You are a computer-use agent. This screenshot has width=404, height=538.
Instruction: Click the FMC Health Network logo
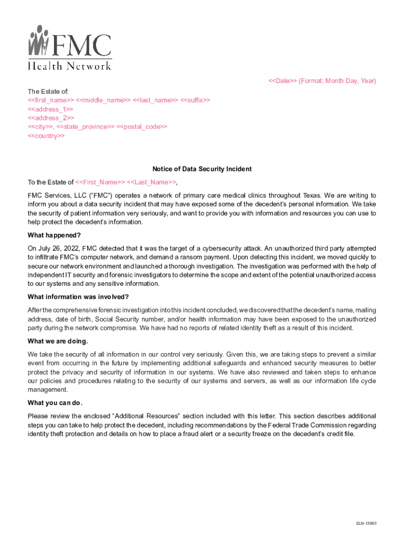pos(69,47)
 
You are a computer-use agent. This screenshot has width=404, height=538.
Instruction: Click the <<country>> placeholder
pos(46,136)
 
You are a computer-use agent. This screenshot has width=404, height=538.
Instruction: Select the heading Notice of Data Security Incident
pos(202,169)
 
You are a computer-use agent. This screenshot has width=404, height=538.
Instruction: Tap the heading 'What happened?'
pos(54,235)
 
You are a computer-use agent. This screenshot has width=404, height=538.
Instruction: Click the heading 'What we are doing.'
pos(58,342)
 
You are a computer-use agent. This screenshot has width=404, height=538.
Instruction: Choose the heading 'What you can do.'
pos(55,403)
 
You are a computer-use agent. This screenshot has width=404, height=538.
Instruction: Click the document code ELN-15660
pos(366,523)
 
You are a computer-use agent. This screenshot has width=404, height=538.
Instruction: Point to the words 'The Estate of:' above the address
pos(48,91)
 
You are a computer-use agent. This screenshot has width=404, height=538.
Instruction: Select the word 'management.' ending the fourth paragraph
pos(48,390)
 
